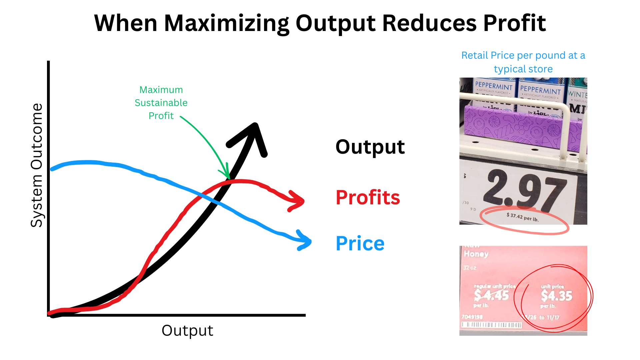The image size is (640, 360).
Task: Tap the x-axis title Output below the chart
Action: click(x=187, y=331)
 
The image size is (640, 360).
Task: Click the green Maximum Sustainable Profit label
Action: click(x=161, y=103)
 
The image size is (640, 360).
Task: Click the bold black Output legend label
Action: click(x=370, y=147)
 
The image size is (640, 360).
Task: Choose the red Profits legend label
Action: click(x=368, y=197)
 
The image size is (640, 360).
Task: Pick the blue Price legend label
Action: click(x=360, y=243)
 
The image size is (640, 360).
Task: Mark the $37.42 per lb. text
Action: click(x=522, y=217)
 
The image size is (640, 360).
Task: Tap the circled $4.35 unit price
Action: click(x=556, y=296)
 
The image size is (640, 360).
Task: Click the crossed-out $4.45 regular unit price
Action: click(x=492, y=295)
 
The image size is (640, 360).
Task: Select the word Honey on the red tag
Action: click(x=476, y=254)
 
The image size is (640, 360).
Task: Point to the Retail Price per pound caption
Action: click(x=523, y=62)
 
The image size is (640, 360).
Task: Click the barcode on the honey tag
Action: click(x=492, y=325)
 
